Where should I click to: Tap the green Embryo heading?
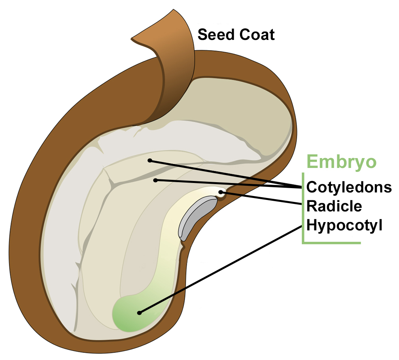click(x=342, y=162)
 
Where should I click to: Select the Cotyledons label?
click(x=349, y=187)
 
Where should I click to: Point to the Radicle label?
click(x=334, y=206)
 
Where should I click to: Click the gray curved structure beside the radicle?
click(x=196, y=217)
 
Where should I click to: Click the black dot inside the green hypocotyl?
click(x=139, y=313)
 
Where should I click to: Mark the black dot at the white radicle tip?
click(x=222, y=193)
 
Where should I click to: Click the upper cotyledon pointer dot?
click(x=149, y=160)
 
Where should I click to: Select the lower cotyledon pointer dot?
click(x=156, y=180)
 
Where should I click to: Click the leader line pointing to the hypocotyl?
click(x=221, y=269)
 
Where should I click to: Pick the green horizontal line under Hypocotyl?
click(x=332, y=243)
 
